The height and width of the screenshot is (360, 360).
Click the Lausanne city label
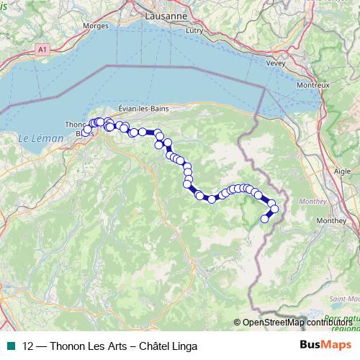[x=165, y=15]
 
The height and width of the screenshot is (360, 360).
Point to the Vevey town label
[x=276, y=63]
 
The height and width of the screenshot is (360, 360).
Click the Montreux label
[x=313, y=84]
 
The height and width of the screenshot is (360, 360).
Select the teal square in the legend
[x=11, y=346]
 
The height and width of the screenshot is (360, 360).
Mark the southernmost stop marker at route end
[x=264, y=219]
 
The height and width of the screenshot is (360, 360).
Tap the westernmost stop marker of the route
[x=86, y=132]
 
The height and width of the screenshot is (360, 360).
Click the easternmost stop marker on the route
[x=274, y=209]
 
